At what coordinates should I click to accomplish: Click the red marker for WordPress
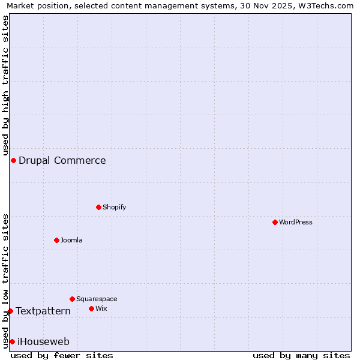(x=275, y=222)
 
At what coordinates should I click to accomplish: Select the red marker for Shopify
(x=98, y=207)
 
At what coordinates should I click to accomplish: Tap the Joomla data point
(x=56, y=240)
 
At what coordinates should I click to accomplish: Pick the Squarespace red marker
(x=72, y=299)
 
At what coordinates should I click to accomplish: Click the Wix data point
(x=91, y=308)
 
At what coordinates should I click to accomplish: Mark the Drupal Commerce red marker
(x=13, y=160)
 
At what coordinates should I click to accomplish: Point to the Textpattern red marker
(x=10, y=311)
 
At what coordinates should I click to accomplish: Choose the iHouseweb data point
(x=12, y=341)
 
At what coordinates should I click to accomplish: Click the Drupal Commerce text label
(x=62, y=160)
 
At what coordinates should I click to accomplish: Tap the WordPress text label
(x=296, y=222)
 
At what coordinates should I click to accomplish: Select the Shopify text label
(x=114, y=207)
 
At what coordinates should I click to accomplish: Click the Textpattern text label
(x=43, y=311)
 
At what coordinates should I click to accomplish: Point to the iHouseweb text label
(x=44, y=341)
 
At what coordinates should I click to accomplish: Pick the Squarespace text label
(x=97, y=299)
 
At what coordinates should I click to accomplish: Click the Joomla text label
(x=71, y=240)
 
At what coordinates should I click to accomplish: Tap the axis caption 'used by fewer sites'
(x=62, y=355)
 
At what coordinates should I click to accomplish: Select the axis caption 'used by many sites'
(x=301, y=355)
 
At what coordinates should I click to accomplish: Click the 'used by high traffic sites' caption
(x=5, y=85)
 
